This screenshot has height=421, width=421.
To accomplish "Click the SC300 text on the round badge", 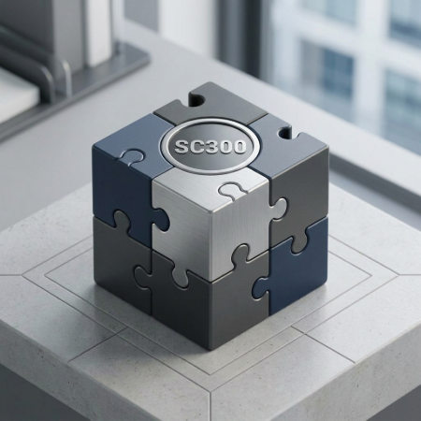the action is coord(210,146).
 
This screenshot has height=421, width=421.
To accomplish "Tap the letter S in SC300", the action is coord(181,146).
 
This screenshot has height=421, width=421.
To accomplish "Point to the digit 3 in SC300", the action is coord(210,146).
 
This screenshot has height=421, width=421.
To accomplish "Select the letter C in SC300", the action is coord(196,146).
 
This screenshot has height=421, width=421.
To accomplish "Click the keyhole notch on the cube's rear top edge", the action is coord(197,100).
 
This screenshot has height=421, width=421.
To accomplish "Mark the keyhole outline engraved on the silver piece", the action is coord(228,190).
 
